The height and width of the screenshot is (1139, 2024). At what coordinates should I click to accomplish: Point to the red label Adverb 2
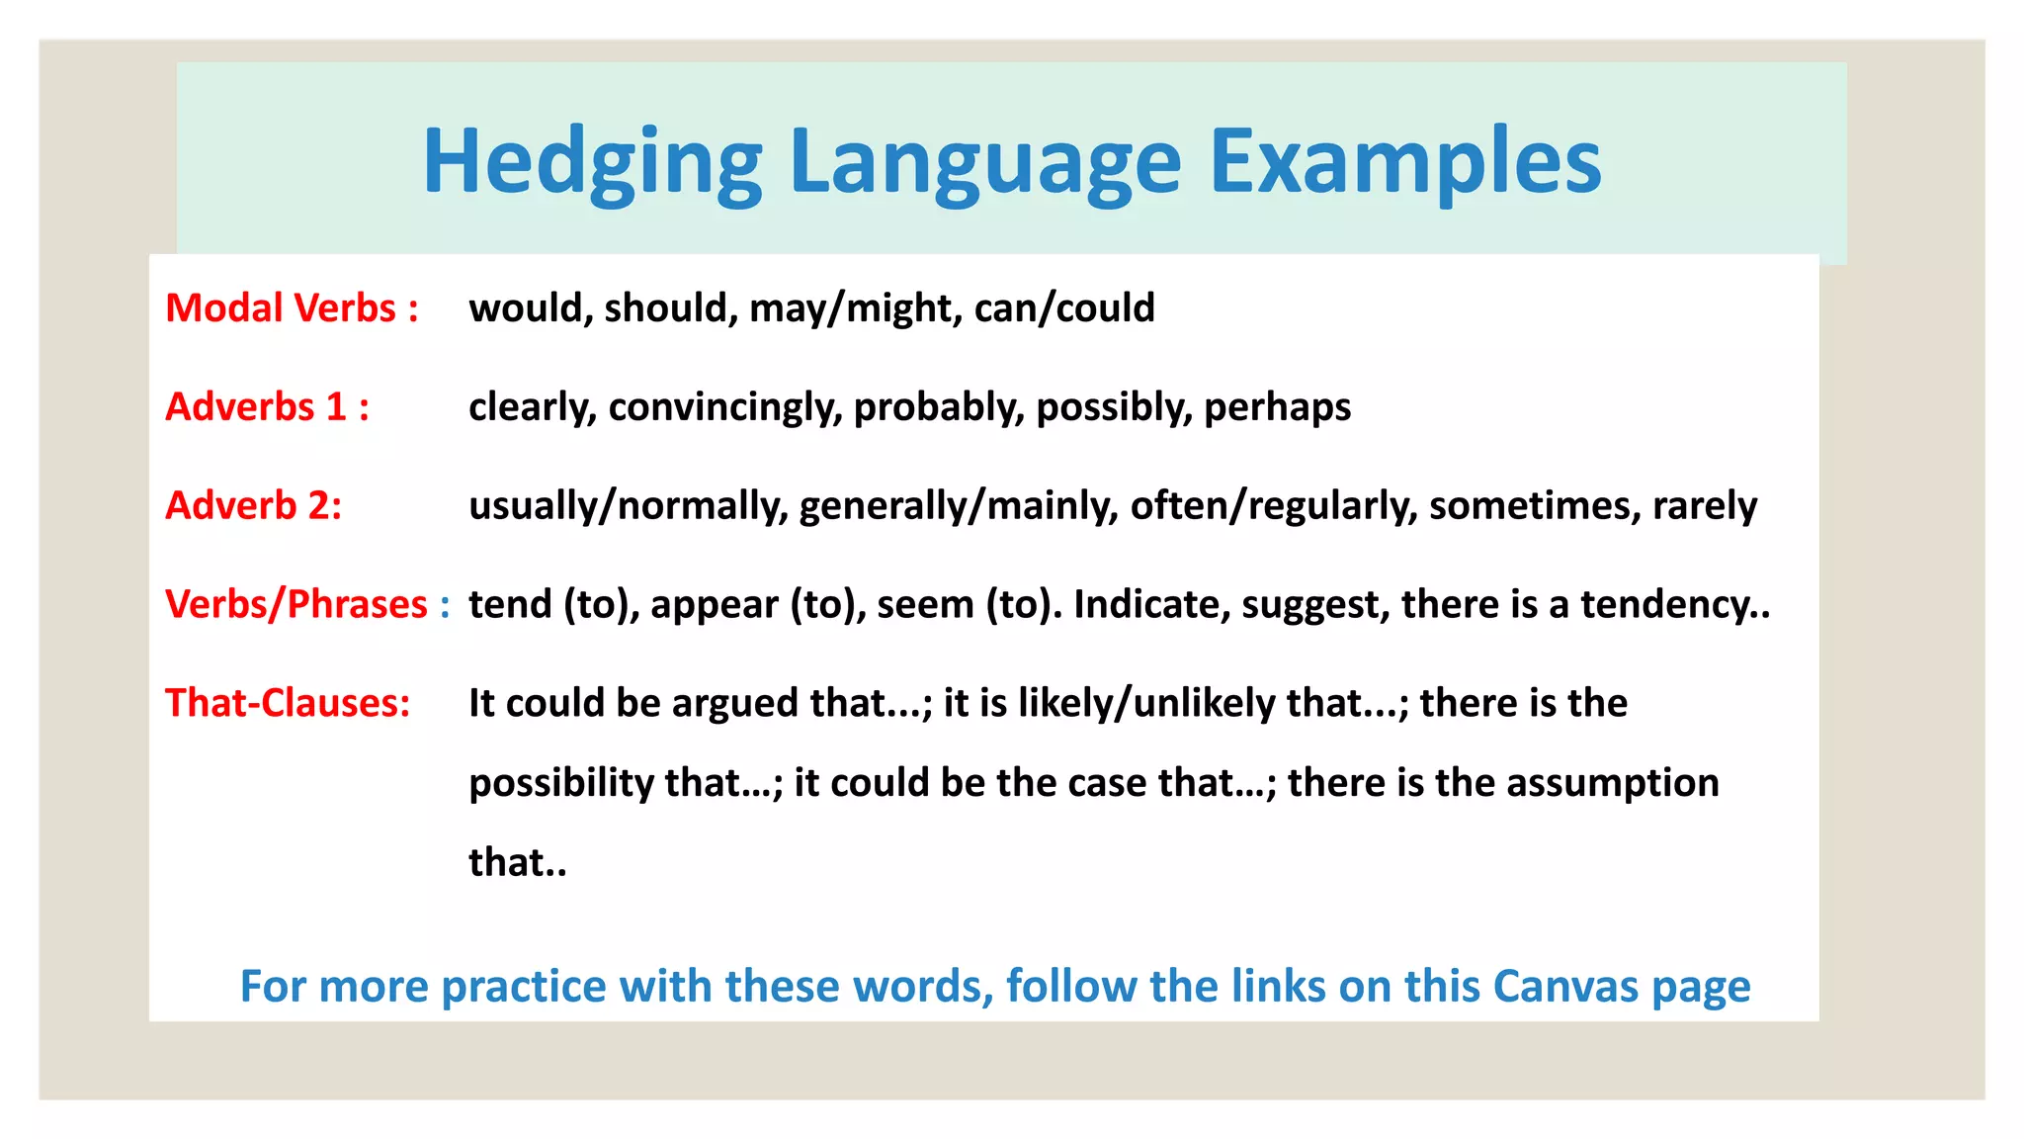(x=253, y=506)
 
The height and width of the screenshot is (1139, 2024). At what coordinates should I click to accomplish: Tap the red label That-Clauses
(x=288, y=703)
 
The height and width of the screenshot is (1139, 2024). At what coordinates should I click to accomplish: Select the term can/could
(x=1064, y=308)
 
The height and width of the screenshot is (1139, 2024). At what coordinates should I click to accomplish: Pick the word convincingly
(x=724, y=407)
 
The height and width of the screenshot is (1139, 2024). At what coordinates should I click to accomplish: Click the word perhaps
(x=1277, y=407)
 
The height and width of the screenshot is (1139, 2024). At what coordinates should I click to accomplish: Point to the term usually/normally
(x=628, y=506)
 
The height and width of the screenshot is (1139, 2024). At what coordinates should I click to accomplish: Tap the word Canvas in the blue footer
(x=1566, y=987)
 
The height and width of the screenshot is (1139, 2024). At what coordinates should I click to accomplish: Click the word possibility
(x=560, y=783)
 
